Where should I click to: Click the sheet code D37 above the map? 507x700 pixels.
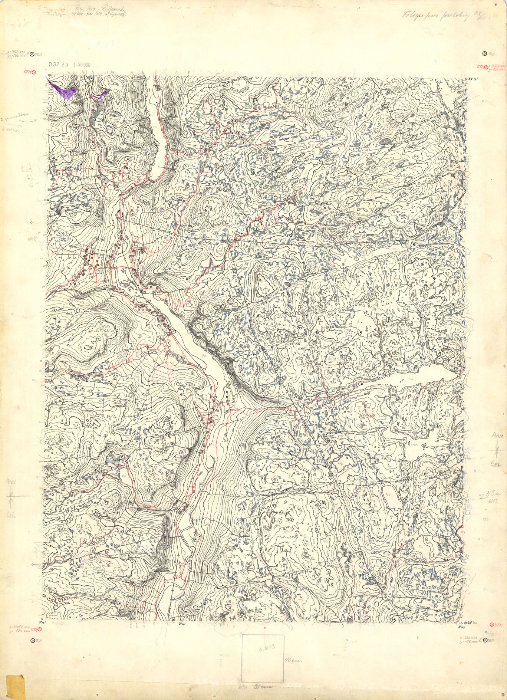pyautogui.click(x=53, y=64)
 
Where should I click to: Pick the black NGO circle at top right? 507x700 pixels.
pyautogui.click(x=484, y=54)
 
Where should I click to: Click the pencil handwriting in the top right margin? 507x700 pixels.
pyautogui.click(x=438, y=16)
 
